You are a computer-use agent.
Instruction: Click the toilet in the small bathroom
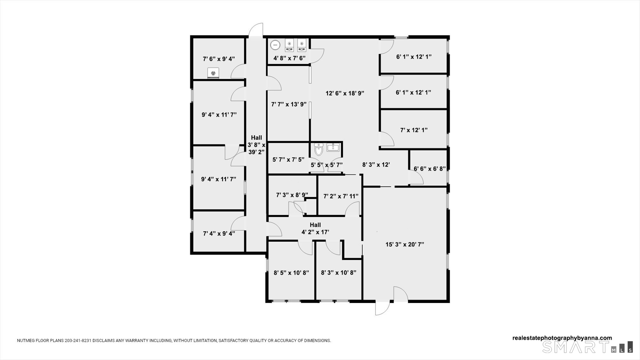(318, 149)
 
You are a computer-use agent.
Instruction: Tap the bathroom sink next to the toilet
(333, 148)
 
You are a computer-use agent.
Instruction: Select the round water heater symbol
(275, 45)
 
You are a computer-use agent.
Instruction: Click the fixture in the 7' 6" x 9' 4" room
(213, 73)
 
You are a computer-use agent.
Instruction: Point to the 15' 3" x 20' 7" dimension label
(405, 244)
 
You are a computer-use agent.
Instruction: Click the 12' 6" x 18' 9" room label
(345, 93)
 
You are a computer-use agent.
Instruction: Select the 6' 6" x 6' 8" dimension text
(430, 169)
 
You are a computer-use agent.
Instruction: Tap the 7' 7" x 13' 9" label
(289, 104)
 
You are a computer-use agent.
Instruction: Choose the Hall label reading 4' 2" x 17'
(315, 228)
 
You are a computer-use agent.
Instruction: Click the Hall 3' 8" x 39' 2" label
(257, 145)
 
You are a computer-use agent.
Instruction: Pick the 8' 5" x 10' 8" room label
(291, 273)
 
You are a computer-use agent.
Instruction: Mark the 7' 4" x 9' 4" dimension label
(219, 234)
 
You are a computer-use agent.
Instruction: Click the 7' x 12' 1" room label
(414, 130)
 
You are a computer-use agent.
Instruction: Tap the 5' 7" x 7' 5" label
(288, 159)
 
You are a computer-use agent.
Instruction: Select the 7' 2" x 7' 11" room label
(341, 196)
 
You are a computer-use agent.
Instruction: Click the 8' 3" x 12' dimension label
(376, 165)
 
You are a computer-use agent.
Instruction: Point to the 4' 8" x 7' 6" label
(289, 58)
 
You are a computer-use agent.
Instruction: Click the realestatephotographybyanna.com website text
(562, 338)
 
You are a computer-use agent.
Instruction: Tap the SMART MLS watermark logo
(588, 347)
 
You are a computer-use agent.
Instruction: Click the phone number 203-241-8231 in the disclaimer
(78, 340)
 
